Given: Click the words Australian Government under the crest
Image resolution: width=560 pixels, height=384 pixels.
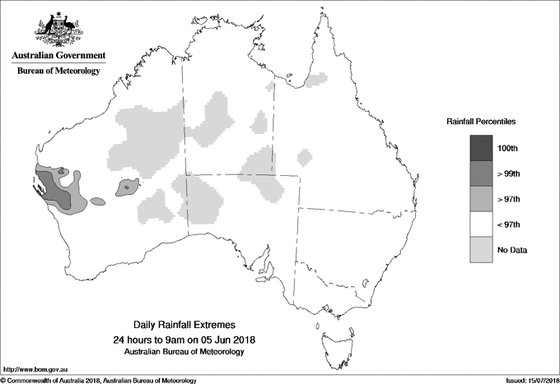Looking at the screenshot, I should pos(58,56).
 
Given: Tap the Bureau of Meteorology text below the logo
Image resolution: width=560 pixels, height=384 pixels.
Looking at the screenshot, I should pos(58,72).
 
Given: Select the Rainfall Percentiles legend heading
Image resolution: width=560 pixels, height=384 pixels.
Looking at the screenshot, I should pos(481,121).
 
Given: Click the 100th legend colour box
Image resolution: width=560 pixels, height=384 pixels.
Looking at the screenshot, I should pos(481,148).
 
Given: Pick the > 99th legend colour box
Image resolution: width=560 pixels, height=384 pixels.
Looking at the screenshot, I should pos(481,173).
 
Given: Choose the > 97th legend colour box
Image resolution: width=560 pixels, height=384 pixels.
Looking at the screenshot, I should pos(481,199).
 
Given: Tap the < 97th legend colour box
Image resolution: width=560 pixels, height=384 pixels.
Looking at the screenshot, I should pos(481,224).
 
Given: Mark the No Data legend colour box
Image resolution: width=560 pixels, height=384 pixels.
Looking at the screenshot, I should pos(481,250).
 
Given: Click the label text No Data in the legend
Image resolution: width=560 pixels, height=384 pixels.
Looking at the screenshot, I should pos(511,250).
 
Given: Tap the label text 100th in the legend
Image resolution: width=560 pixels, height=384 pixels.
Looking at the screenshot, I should pos(508,148).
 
